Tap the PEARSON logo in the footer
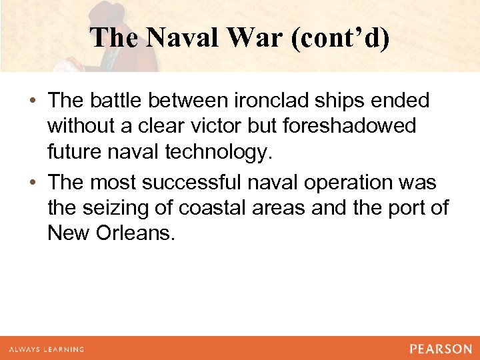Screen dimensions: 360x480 tap(441, 349)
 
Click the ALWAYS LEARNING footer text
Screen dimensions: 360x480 tap(47, 349)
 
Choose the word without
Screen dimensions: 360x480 tap(82, 126)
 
